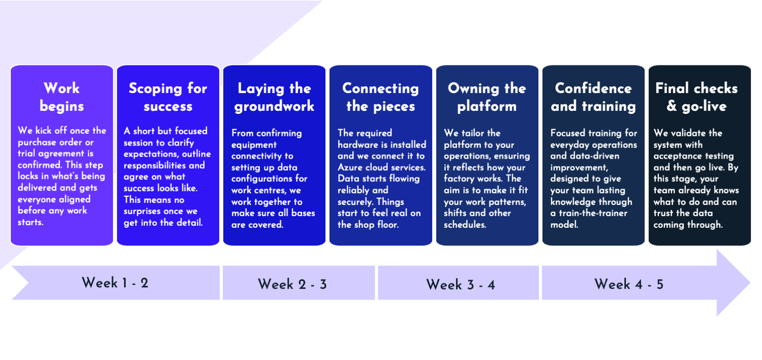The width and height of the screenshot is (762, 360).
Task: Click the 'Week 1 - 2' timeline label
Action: click(x=115, y=283)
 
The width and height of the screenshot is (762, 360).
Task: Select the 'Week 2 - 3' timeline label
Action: click(x=292, y=284)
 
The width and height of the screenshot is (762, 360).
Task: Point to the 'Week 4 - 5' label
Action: click(x=629, y=284)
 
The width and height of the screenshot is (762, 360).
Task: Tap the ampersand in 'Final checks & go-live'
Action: click(x=672, y=106)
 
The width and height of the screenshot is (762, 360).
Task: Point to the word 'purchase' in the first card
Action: click(x=37, y=143)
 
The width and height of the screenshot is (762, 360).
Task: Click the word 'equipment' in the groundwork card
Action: click(x=254, y=145)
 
